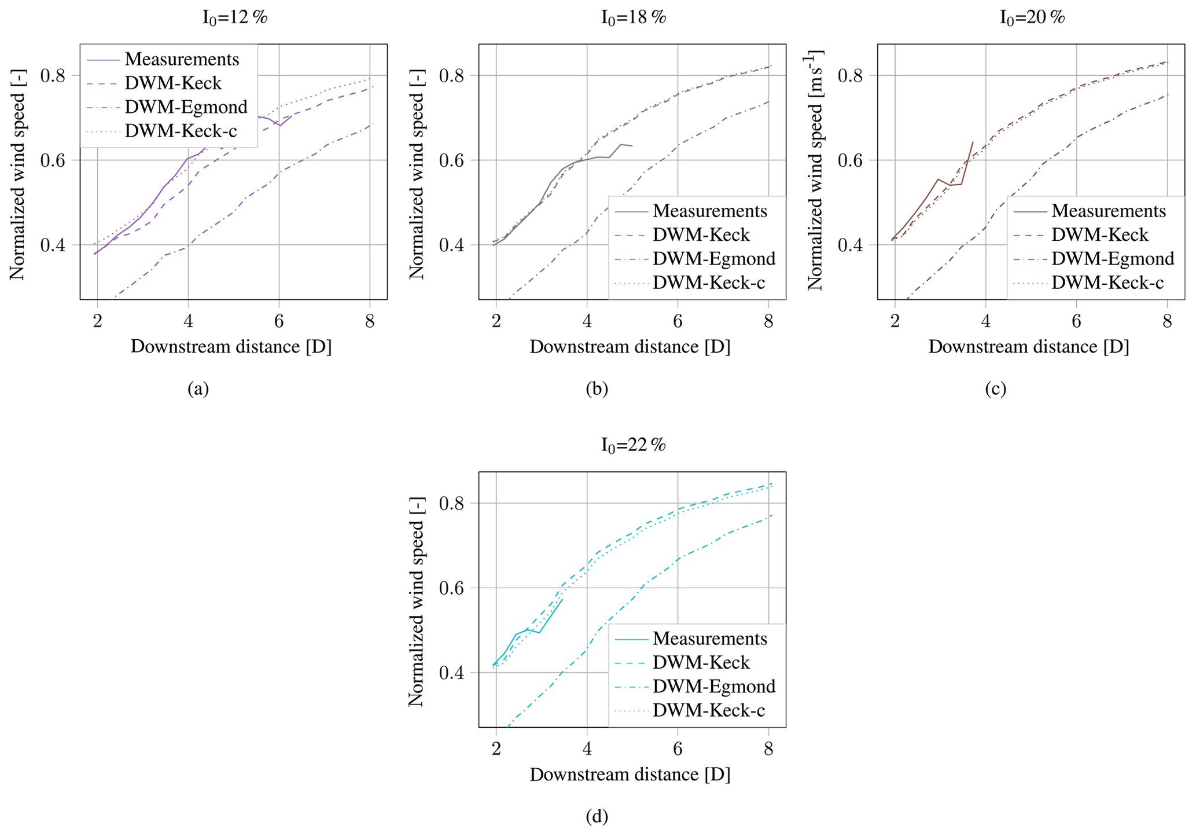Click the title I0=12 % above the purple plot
(234, 17)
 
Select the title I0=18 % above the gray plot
(633, 17)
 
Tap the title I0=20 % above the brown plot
(1032, 17)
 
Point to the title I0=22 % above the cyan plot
(633, 445)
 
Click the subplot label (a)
(198, 388)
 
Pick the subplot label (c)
(995, 388)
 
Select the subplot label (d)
(597, 816)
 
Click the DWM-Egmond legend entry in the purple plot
(186, 107)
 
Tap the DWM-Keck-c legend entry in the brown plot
(1107, 283)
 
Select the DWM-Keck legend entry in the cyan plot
(701, 662)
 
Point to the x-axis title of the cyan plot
(630, 775)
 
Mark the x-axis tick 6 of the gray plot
(678, 321)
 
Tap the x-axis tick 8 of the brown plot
(1167, 321)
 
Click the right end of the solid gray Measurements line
(632, 146)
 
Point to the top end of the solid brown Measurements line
(973, 141)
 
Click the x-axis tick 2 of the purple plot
(97, 321)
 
